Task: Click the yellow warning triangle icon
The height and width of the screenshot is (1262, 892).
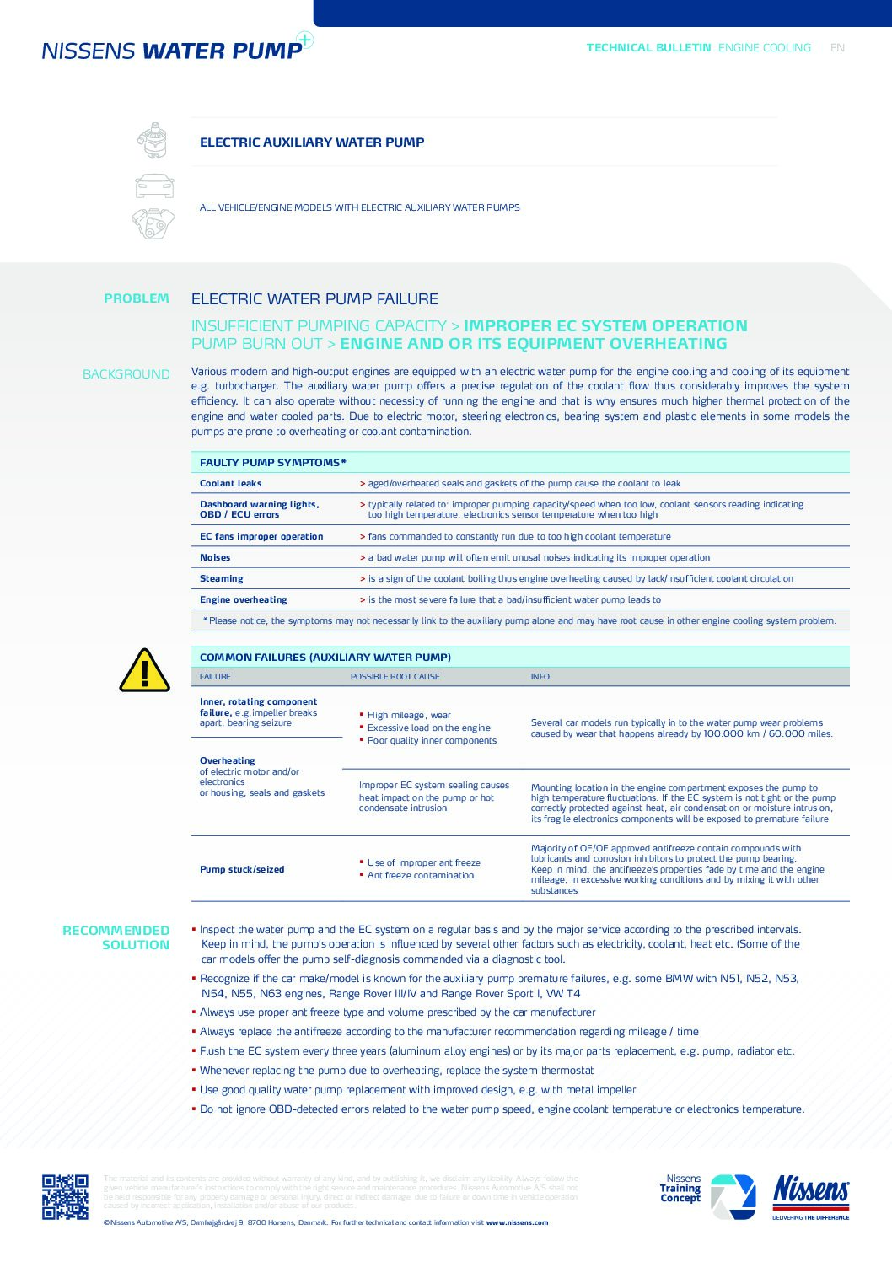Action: [144, 671]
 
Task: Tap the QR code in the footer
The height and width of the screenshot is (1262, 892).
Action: [65, 1196]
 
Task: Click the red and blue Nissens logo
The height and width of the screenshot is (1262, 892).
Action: [810, 1196]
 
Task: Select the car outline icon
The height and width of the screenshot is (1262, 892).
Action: [154, 185]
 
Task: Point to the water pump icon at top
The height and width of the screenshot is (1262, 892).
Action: [153, 140]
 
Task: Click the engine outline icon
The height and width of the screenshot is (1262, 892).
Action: [153, 223]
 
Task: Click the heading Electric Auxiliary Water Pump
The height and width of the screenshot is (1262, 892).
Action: [312, 142]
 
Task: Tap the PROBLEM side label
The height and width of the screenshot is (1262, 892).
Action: [137, 298]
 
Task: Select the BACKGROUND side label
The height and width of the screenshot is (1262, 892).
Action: [126, 374]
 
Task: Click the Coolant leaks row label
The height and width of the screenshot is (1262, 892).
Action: [230, 484]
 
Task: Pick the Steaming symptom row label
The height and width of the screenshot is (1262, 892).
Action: [221, 579]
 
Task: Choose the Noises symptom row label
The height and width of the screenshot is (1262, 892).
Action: [215, 558]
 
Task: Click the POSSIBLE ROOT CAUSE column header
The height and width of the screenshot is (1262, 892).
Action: [395, 677]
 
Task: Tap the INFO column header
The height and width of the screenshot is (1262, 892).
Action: [540, 677]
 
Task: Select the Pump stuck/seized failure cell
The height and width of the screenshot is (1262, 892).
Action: [242, 870]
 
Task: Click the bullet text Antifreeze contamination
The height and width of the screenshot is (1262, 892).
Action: [420, 876]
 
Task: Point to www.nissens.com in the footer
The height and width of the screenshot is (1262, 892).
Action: [517, 1222]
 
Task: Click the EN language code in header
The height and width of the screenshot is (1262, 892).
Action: [837, 48]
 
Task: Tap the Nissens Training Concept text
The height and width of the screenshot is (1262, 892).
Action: [680, 1189]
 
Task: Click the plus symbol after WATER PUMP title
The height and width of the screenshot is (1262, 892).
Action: [305, 40]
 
